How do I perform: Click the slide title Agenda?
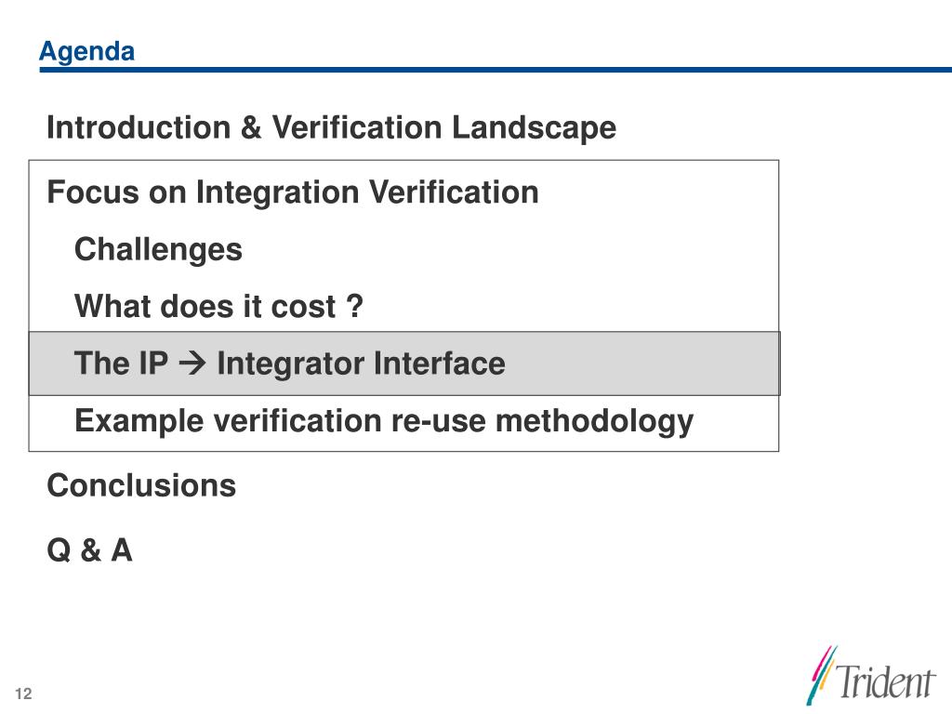(x=86, y=53)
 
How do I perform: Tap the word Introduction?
(x=139, y=127)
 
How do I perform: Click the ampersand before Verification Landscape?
(x=251, y=127)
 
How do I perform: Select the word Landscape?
(x=535, y=128)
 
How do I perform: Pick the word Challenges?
(x=158, y=250)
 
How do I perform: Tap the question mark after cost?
(x=355, y=306)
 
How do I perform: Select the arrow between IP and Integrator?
(x=192, y=364)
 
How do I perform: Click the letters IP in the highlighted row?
(x=153, y=364)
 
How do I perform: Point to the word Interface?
(x=440, y=364)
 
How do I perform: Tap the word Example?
(x=139, y=421)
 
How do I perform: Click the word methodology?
(x=594, y=421)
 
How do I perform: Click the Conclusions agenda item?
(x=141, y=485)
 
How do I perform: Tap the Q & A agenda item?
(x=90, y=550)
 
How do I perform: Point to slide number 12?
(x=23, y=694)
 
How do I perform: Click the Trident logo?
(x=870, y=676)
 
